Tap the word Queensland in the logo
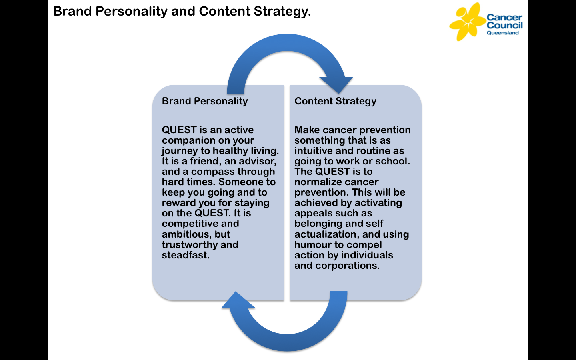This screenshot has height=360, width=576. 502,33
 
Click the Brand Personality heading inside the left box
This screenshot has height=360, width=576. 205,101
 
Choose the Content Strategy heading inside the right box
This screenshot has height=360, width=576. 335,101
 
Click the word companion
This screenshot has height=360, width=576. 187,140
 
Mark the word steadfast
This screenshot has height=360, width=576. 185,255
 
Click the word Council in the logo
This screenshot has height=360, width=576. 504,25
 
